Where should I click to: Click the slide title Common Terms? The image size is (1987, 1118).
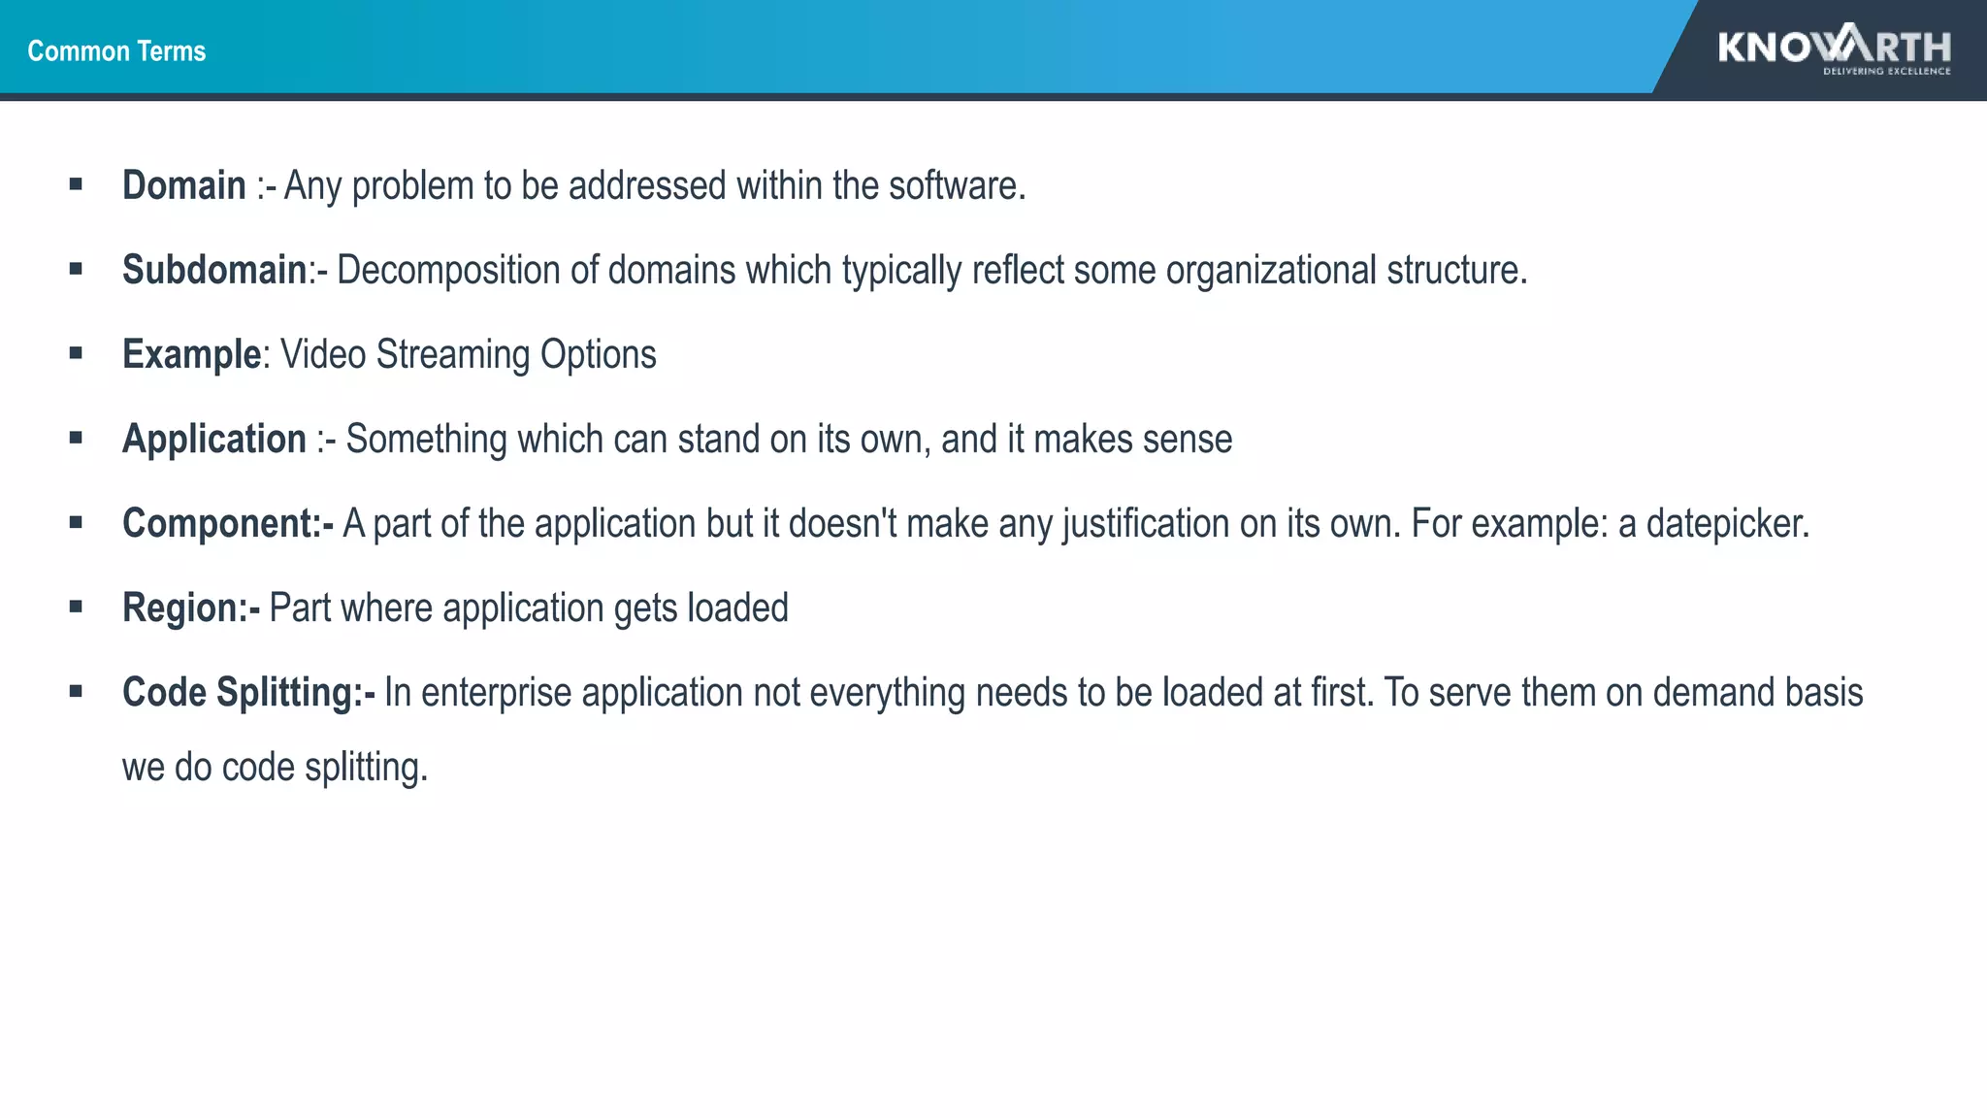(x=116, y=50)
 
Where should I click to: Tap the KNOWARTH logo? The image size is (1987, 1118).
(x=1834, y=46)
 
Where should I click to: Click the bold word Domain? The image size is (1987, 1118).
(x=183, y=185)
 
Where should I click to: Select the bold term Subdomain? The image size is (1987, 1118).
(x=213, y=270)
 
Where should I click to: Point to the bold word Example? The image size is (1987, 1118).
(x=191, y=354)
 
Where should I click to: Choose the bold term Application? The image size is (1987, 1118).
(x=213, y=439)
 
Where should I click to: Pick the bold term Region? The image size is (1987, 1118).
(x=179, y=608)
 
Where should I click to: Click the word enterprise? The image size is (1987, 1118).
(x=496, y=692)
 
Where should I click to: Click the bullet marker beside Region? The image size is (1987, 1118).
(x=76, y=607)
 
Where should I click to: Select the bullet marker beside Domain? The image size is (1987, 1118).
(x=76, y=183)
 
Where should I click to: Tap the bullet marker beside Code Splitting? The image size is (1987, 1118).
(x=76, y=691)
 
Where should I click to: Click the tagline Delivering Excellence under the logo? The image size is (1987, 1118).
(x=1886, y=71)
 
